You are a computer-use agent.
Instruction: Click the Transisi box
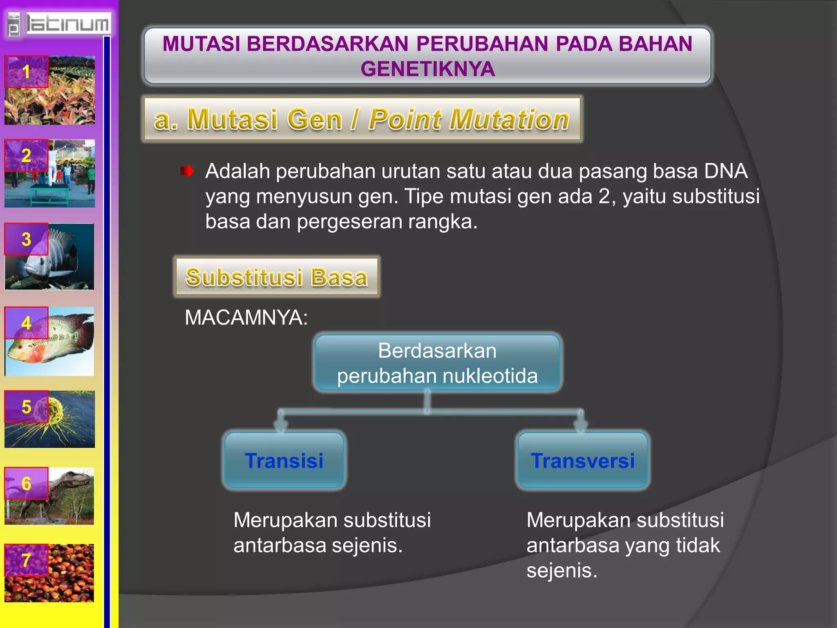[x=284, y=460]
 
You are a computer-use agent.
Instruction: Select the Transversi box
[x=582, y=460]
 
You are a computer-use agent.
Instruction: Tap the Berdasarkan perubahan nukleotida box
[x=437, y=363]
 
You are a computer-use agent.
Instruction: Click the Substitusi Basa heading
[x=277, y=277]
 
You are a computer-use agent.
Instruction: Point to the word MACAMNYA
[x=246, y=317]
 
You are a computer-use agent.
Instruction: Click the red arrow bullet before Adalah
[x=188, y=171]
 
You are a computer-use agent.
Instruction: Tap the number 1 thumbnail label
[x=26, y=72]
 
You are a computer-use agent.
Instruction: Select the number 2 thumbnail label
[x=26, y=155]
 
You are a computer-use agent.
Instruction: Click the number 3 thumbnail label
[x=26, y=239]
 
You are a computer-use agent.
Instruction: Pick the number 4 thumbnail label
[x=26, y=323]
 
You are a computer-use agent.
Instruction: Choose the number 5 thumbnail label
[x=26, y=407]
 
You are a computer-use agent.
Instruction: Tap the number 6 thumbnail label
[x=26, y=484]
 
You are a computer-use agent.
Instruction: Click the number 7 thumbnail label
[x=26, y=560]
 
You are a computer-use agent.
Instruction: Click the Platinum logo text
[x=67, y=24]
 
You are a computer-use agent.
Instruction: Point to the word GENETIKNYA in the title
[x=427, y=69]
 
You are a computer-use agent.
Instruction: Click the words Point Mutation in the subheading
[x=468, y=119]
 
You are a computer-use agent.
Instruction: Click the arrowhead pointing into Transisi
[x=281, y=426]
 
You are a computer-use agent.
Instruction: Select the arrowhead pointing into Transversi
[x=581, y=426]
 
